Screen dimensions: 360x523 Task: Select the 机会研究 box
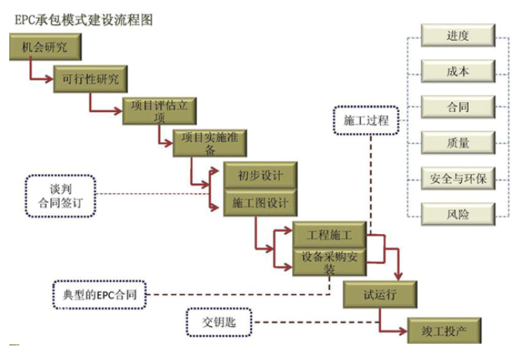(46, 49)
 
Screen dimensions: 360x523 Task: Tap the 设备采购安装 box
(329, 261)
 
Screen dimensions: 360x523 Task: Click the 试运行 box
(381, 293)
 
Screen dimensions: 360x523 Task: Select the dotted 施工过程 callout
(365, 121)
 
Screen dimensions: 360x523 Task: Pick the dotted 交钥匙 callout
(219, 322)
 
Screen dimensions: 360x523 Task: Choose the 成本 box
(457, 71)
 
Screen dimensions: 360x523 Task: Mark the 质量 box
(457, 142)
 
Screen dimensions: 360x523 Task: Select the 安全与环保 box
(457, 178)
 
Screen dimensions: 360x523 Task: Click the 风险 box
(457, 213)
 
